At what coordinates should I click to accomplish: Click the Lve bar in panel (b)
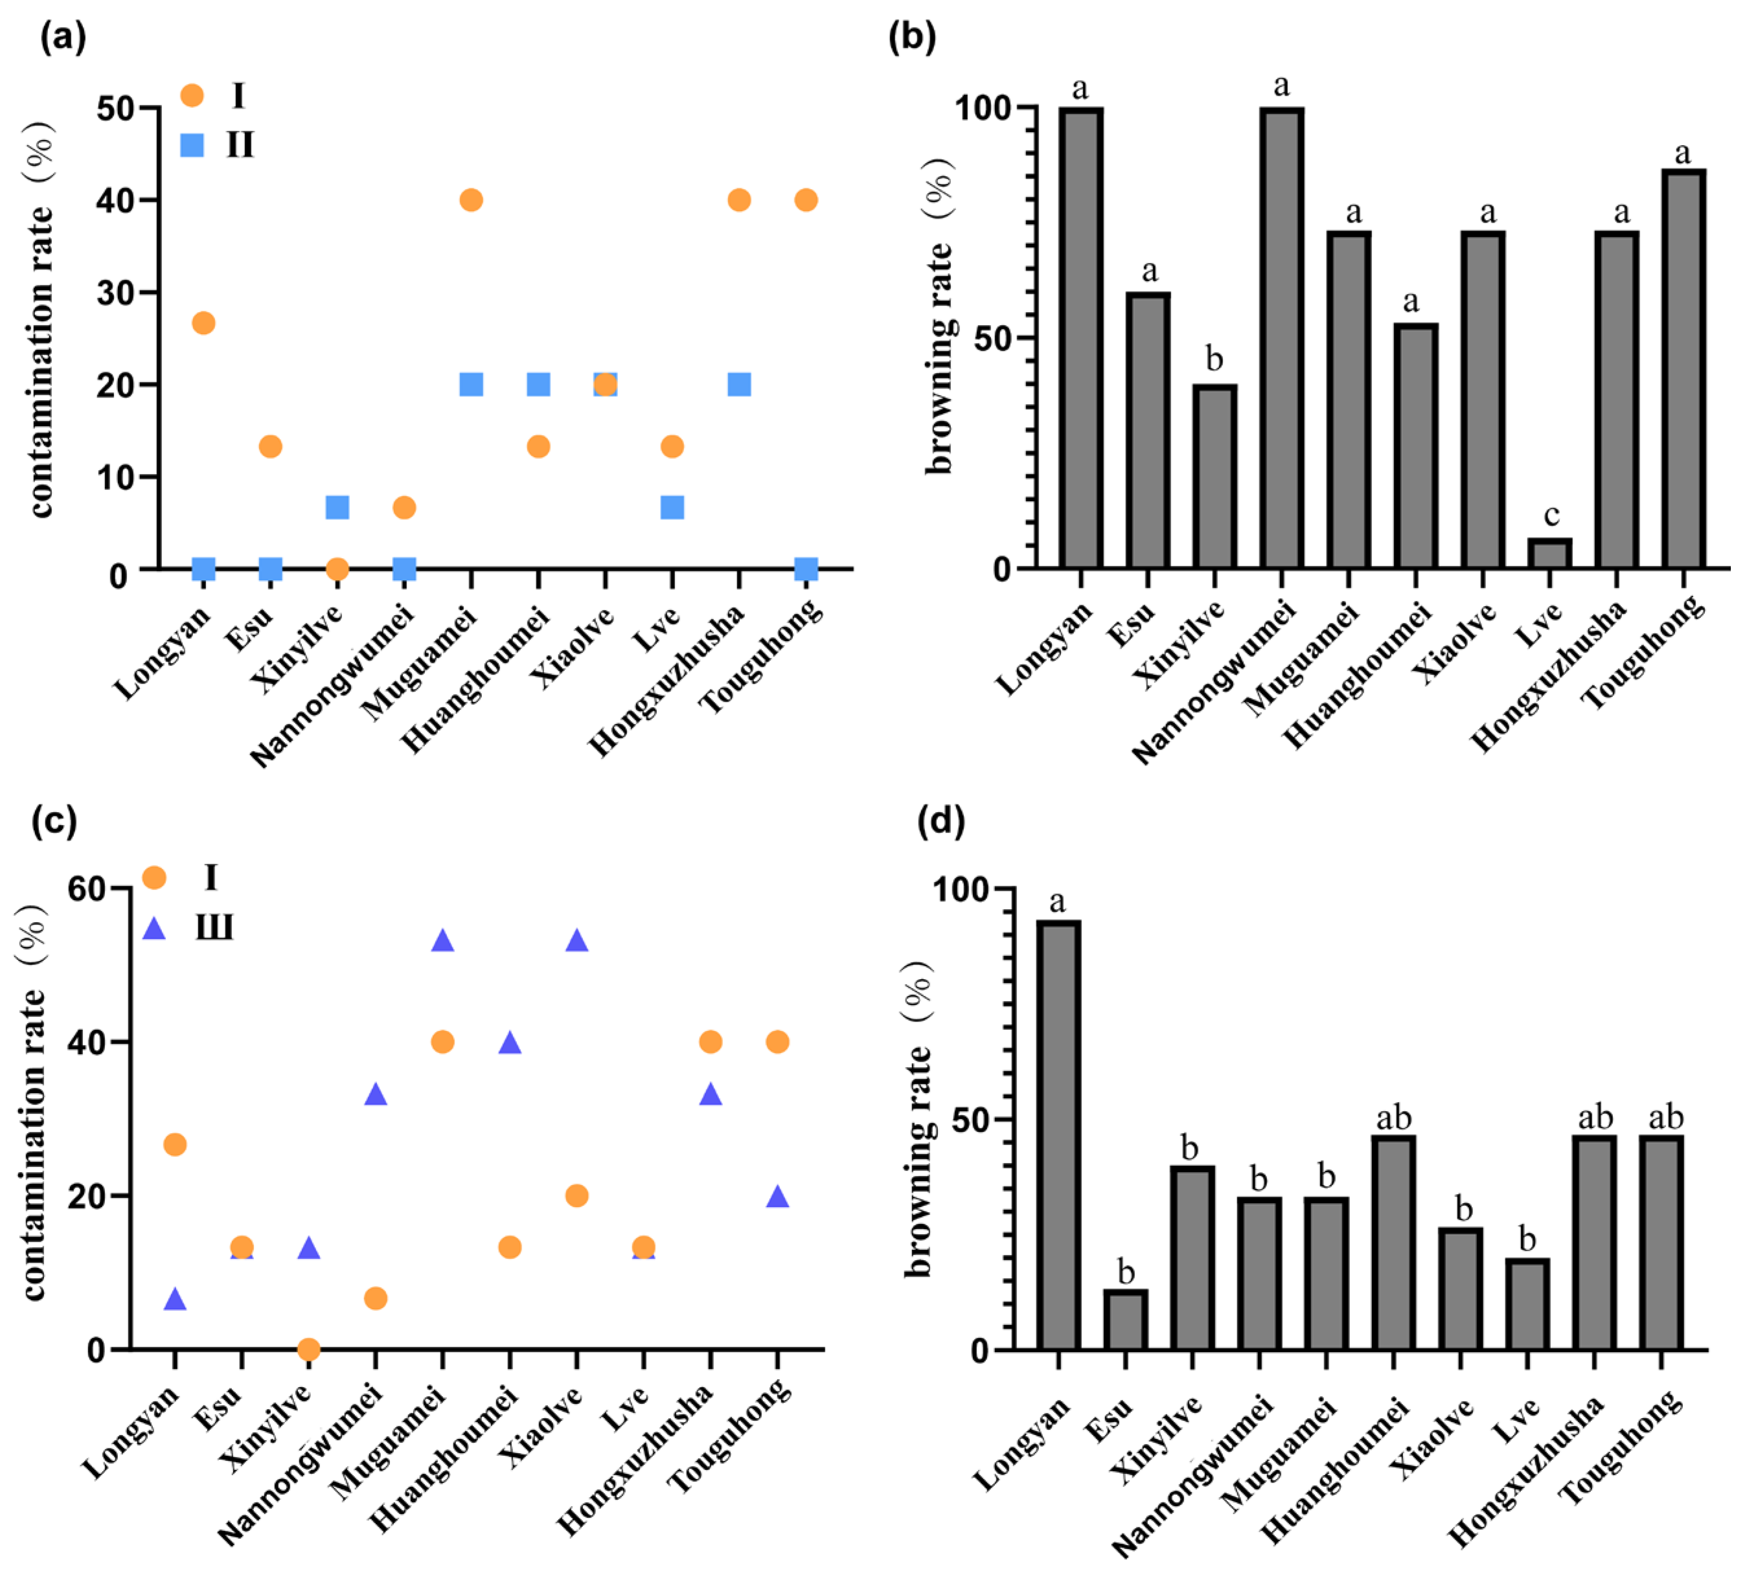1549,554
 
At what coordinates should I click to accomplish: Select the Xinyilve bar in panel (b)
1214,476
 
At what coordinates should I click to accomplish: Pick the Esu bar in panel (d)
1125,1319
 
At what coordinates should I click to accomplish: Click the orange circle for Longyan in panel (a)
203,323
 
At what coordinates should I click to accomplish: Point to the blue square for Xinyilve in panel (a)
337,507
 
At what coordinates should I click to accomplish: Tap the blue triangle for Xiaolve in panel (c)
577,940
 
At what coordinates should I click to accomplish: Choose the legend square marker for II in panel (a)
192,145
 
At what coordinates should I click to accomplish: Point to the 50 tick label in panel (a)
115,109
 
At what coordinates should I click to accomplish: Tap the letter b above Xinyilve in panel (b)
1214,359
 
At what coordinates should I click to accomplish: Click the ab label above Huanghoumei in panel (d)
1393,1118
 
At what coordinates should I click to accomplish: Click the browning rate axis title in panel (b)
940,315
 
